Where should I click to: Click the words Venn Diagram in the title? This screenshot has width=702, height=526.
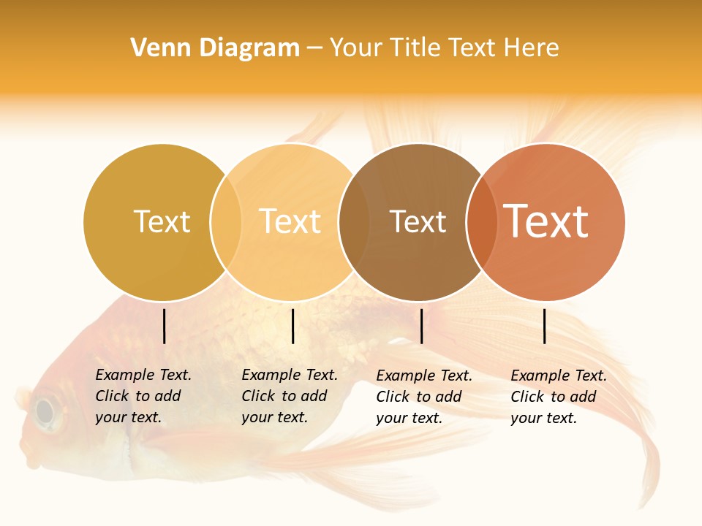coord(215,48)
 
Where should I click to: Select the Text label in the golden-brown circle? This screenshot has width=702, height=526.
coord(162,221)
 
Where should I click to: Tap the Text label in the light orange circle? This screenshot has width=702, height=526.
coord(290,221)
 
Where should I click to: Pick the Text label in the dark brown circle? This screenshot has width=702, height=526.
coord(418,221)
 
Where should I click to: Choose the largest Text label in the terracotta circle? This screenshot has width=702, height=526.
coord(546,221)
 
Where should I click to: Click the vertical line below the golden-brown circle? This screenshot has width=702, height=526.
coord(164,326)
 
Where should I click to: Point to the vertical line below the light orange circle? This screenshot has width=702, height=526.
coord(292,326)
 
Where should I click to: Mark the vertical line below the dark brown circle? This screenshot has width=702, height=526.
coord(421,326)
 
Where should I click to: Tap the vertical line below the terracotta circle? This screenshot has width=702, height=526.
coord(545,326)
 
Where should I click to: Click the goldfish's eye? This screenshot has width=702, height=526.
coord(46,411)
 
